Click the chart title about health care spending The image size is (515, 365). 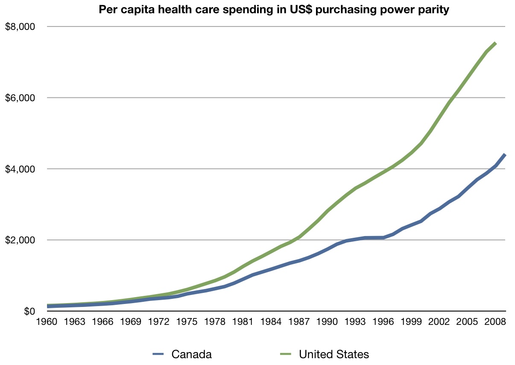click(x=274, y=10)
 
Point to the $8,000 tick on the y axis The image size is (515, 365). click(x=20, y=27)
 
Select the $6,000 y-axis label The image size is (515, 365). click(x=20, y=98)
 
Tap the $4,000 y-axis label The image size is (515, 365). click(x=20, y=169)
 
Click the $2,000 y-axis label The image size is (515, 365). click(x=20, y=240)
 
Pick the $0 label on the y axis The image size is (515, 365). click(x=29, y=311)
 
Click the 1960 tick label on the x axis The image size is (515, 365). click(x=47, y=321)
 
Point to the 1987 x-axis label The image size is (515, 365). click(x=299, y=321)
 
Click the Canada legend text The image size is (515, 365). click(x=191, y=354)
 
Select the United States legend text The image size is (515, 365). click(x=334, y=354)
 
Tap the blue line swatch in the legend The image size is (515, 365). click(x=158, y=354)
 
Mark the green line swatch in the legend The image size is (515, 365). click(x=286, y=354)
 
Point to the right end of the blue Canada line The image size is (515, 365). click(x=505, y=155)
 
